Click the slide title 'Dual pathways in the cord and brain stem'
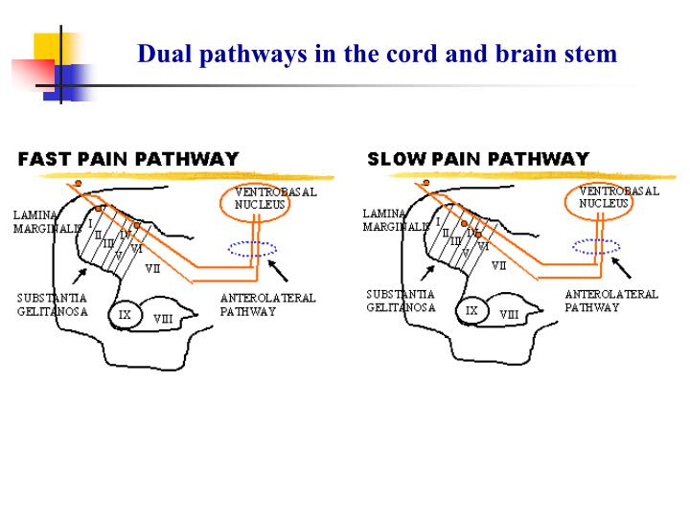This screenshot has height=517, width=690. (378, 54)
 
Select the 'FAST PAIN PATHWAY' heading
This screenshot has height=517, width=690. (128, 159)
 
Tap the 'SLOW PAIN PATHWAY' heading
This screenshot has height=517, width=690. (478, 159)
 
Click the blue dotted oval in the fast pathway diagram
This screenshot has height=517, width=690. (252, 249)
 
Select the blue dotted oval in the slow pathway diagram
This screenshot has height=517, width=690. (596, 246)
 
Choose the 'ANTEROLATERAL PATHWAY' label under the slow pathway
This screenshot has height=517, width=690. (610, 302)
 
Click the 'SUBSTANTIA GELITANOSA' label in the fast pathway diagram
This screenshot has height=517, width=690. (53, 305)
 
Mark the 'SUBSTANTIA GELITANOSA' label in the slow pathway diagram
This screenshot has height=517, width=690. (401, 302)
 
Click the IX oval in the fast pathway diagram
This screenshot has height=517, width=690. (125, 314)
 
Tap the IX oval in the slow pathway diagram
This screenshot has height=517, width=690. (471, 310)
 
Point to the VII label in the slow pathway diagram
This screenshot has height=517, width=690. (498, 266)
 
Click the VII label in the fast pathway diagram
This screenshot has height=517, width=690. (152, 269)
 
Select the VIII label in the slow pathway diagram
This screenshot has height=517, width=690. (509, 314)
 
